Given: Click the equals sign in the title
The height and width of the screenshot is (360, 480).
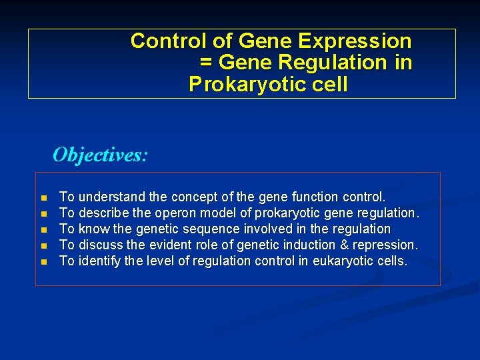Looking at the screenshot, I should [x=206, y=63].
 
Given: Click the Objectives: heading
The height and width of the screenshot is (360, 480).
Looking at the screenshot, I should [x=101, y=155].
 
